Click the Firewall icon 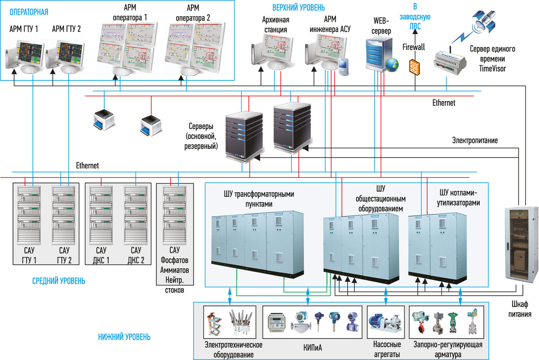point(415,66)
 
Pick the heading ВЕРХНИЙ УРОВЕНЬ point(298,8)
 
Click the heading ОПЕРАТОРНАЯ point(29,12)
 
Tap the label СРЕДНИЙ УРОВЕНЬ point(58,281)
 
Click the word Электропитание point(475,140)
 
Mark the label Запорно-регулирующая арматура point(447,350)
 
